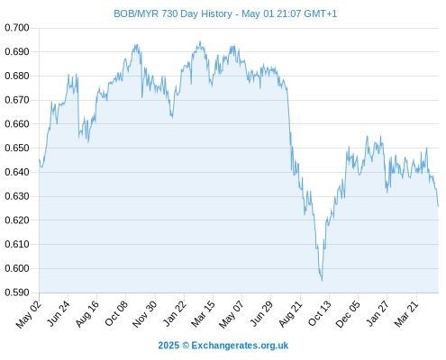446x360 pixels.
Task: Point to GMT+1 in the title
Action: coord(321,13)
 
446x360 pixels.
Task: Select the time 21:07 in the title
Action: coord(289,13)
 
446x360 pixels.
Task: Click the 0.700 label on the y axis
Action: coord(17,28)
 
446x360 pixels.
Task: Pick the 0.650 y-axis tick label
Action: coord(17,148)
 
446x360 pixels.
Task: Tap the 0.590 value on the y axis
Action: coord(17,292)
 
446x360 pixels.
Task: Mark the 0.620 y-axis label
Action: coord(17,220)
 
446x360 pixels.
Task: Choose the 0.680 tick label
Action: coord(17,76)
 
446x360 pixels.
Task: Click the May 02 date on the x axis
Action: coord(28,315)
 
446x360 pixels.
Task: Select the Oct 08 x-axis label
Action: coord(116,313)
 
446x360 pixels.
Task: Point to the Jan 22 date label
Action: coord(175,313)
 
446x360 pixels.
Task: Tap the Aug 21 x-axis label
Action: coord(290,314)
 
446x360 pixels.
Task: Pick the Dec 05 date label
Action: coord(348,314)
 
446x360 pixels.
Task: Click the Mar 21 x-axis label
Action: coord(406,314)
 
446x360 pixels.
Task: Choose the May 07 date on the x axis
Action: coord(232,315)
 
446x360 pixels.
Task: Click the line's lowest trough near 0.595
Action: coord(322,281)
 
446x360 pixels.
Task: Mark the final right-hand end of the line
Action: coord(438,206)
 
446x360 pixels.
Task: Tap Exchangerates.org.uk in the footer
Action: coord(240,346)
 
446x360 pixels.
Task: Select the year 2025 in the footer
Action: coord(168,346)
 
